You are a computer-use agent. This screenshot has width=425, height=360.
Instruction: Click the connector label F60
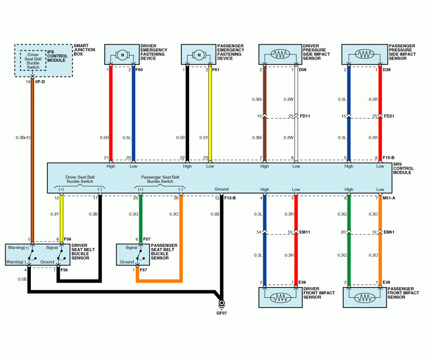pos(139,69)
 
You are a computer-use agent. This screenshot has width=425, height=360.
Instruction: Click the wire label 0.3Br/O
pos(23,137)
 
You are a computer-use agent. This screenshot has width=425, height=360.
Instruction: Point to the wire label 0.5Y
pos(204,137)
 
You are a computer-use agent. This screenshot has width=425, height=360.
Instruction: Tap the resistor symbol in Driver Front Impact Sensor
pos(279,298)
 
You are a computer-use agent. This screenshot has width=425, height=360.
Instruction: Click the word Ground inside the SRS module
pos(222,189)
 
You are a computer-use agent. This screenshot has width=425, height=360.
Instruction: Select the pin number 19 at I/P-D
pos(28,81)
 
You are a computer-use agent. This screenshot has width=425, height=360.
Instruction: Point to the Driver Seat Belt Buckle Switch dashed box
pos(33,60)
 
